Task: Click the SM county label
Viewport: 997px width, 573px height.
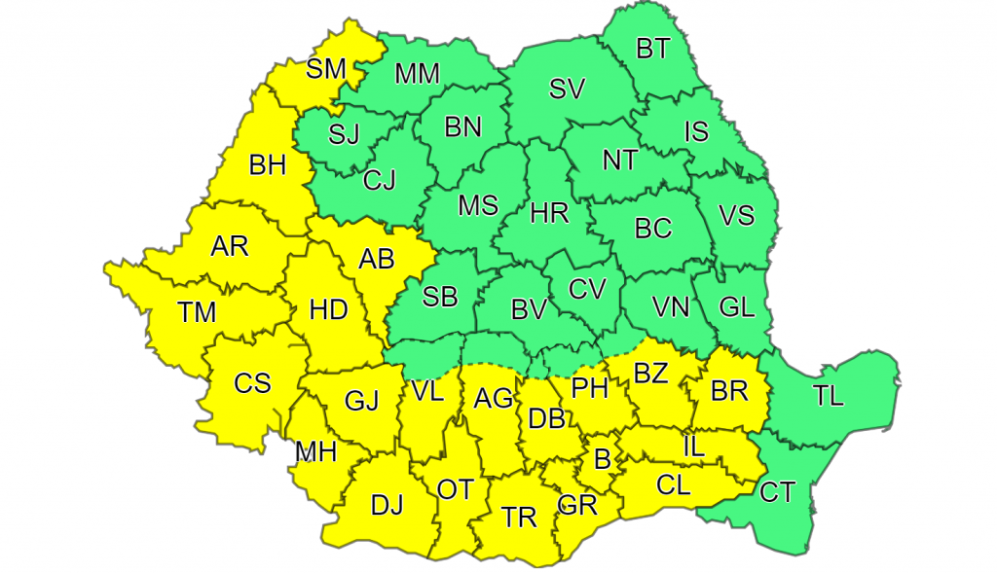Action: pyautogui.click(x=326, y=69)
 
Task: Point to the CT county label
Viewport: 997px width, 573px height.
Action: pyautogui.click(x=777, y=492)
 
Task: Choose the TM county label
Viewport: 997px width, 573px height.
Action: pyautogui.click(x=197, y=312)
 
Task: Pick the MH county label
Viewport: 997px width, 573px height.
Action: pyautogui.click(x=317, y=451)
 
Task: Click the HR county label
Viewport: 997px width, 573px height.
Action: pyautogui.click(x=549, y=213)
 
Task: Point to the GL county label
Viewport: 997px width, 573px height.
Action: pyautogui.click(x=736, y=307)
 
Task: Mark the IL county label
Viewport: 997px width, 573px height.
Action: pyautogui.click(x=693, y=447)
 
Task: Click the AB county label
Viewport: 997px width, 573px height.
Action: pyautogui.click(x=377, y=259)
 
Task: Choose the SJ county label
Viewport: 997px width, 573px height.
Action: pyautogui.click(x=344, y=135)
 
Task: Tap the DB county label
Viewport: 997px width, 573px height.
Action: pyautogui.click(x=547, y=419)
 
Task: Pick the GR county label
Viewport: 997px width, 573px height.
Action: pyautogui.click(x=576, y=505)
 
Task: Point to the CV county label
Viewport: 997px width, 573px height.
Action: pyautogui.click(x=587, y=289)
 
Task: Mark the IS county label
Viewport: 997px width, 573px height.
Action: pyautogui.click(x=696, y=131)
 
